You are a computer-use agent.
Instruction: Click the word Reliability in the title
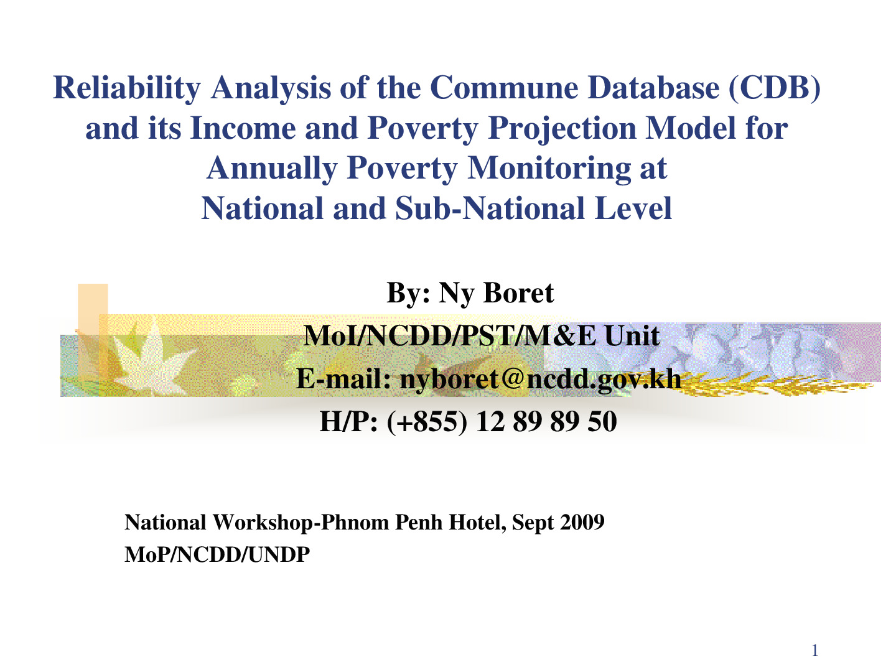pos(126,88)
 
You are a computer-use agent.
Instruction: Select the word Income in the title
pos(243,128)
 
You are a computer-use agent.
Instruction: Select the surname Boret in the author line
pos(518,293)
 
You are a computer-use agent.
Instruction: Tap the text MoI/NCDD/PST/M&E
pos(450,336)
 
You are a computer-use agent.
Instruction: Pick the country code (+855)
pos(427,422)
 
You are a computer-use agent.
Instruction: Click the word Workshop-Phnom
pos(301,523)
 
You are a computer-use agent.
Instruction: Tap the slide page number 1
pos(814,650)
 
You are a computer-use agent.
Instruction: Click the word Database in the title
pos(653,88)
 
